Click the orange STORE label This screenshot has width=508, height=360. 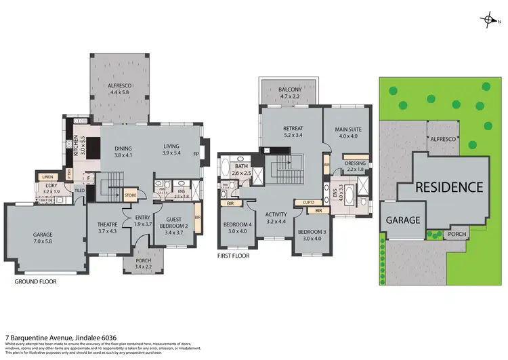click(x=131, y=196)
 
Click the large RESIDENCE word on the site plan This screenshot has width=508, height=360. click(x=449, y=187)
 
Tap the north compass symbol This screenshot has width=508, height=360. click(x=487, y=20)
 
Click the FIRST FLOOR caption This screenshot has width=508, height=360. click(x=234, y=256)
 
